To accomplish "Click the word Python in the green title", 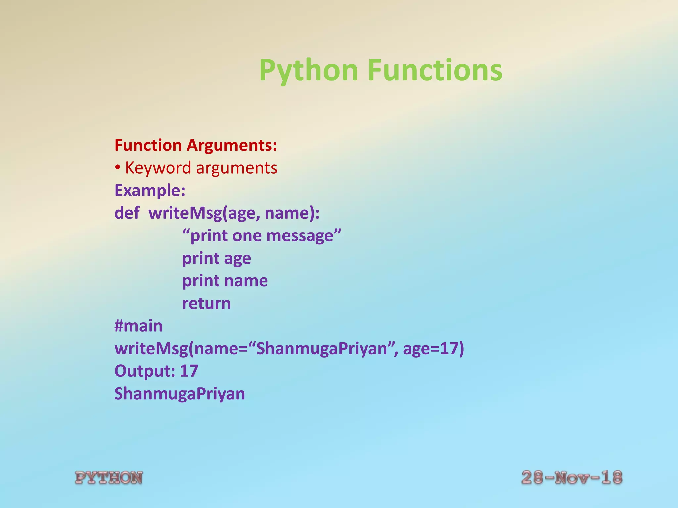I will pyautogui.click(x=308, y=70).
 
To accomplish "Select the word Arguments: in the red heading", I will pyautogui.click(x=232, y=146).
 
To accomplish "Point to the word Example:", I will pyautogui.click(x=150, y=190).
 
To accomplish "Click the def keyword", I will pyautogui.click(x=127, y=213).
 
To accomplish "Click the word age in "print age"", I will pyautogui.click(x=237, y=259).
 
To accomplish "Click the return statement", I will pyautogui.click(x=206, y=304).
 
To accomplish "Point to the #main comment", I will pyautogui.click(x=138, y=326).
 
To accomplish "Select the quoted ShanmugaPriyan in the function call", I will pyautogui.click(x=321, y=349).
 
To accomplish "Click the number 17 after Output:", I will pyautogui.click(x=189, y=371).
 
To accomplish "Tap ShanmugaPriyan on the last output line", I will pyautogui.click(x=179, y=394).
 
